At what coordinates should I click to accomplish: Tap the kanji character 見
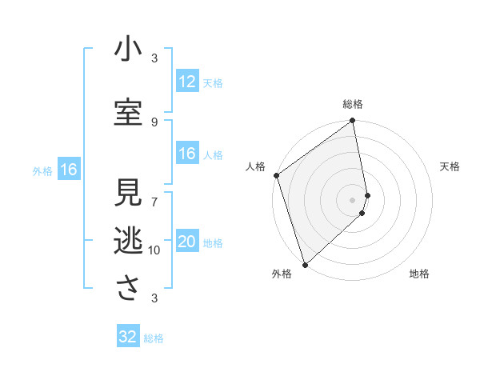tap(128, 193)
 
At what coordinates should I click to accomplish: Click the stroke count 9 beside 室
tap(154, 122)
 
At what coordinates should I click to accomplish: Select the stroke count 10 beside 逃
tap(154, 250)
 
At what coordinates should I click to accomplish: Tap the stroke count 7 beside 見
tap(154, 193)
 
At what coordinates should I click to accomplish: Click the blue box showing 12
tap(187, 82)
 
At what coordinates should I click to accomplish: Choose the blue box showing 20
tap(187, 242)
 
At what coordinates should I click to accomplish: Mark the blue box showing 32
tap(128, 337)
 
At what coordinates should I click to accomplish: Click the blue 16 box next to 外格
tap(68, 170)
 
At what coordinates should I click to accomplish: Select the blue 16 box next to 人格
tap(187, 154)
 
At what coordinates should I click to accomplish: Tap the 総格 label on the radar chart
tap(353, 104)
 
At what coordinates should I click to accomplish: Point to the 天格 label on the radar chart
tap(450, 166)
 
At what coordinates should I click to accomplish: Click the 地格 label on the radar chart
tap(419, 274)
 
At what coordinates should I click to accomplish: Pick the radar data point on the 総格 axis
tap(353, 122)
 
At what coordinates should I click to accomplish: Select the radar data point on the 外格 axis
tap(305, 264)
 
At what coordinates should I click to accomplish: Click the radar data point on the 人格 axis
tap(276, 175)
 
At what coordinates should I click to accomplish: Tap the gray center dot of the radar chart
tap(353, 199)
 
